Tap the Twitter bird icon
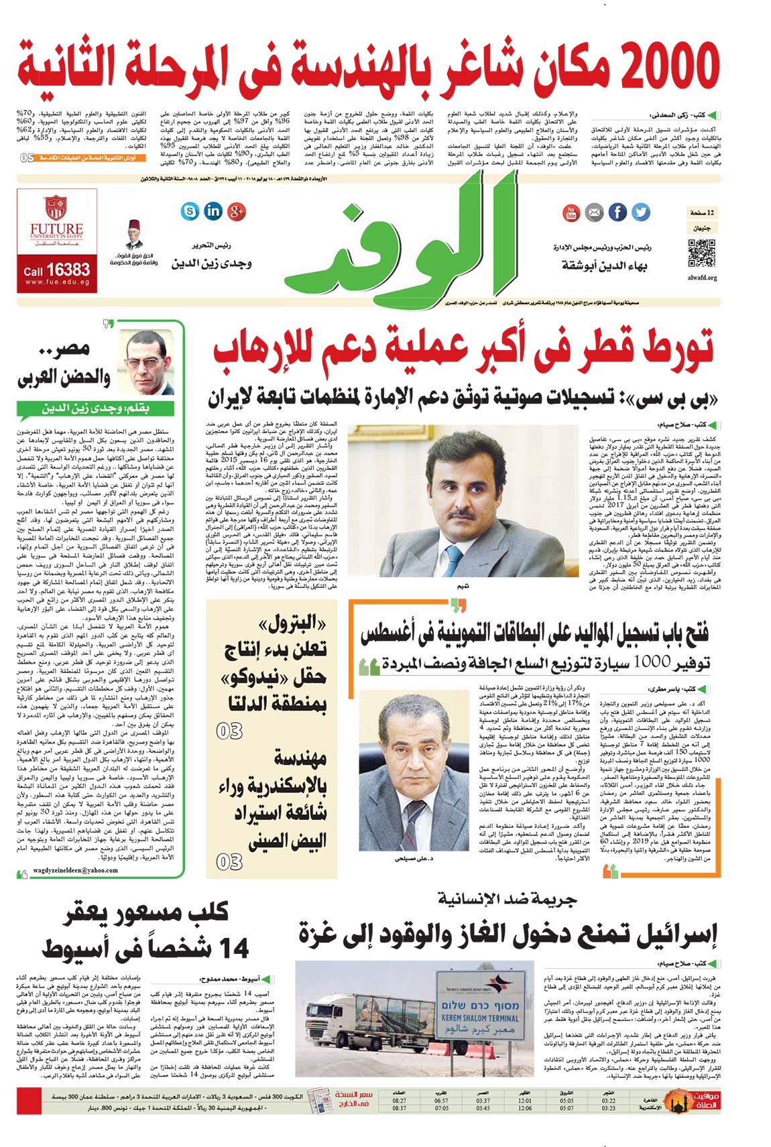point(640,213)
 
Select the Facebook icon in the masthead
point(617,213)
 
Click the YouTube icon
point(571,213)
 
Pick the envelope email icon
point(594,213)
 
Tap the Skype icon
point(190,212)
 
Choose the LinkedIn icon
point(213,211)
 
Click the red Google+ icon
point(237,212)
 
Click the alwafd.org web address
point(702,278)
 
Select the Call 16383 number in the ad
point(57,270)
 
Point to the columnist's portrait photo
point(146,362)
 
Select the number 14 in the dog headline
point(225,949)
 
